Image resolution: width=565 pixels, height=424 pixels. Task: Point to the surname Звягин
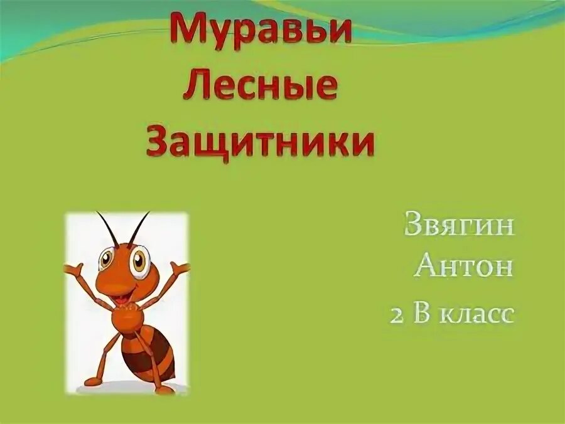point(460,226)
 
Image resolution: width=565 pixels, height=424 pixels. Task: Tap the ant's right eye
point(139,260)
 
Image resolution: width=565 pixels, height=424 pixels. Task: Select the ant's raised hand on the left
point(73,272)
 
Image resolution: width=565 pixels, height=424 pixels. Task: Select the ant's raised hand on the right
point(180,270)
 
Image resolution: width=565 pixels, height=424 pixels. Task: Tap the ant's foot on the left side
point(93,380)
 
